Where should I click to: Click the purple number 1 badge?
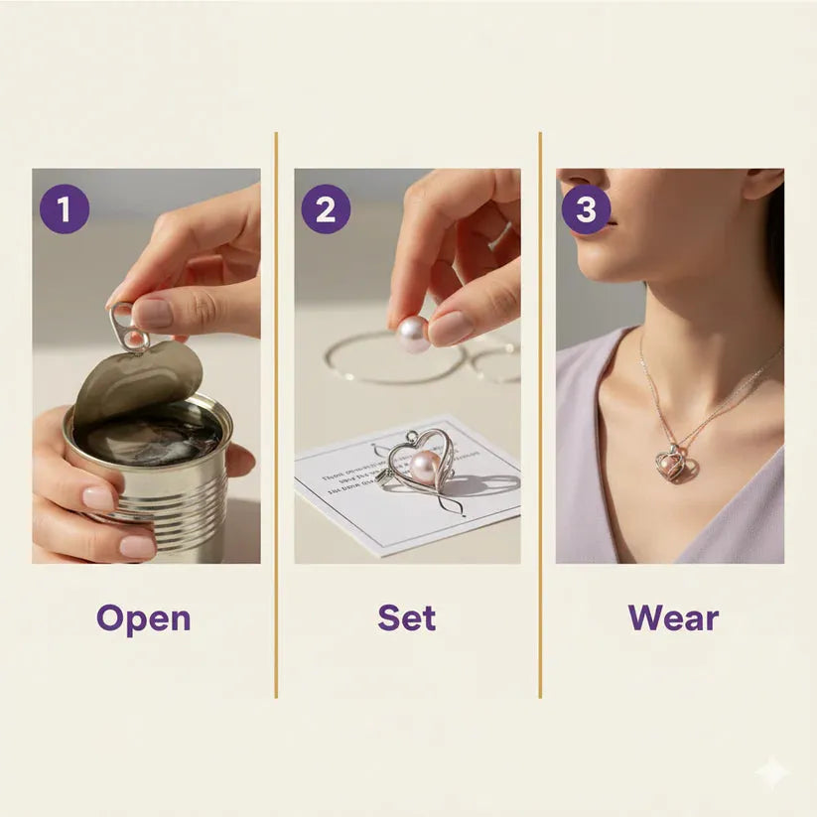(65, 208)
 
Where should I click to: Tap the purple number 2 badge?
(326, 208)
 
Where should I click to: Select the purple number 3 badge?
(586, 209)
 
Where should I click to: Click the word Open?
(143, 618)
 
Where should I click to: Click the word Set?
(406, 618)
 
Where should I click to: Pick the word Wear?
(672, 618)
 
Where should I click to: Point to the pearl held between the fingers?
(413, 334)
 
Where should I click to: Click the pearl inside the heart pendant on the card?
(425, 467)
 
